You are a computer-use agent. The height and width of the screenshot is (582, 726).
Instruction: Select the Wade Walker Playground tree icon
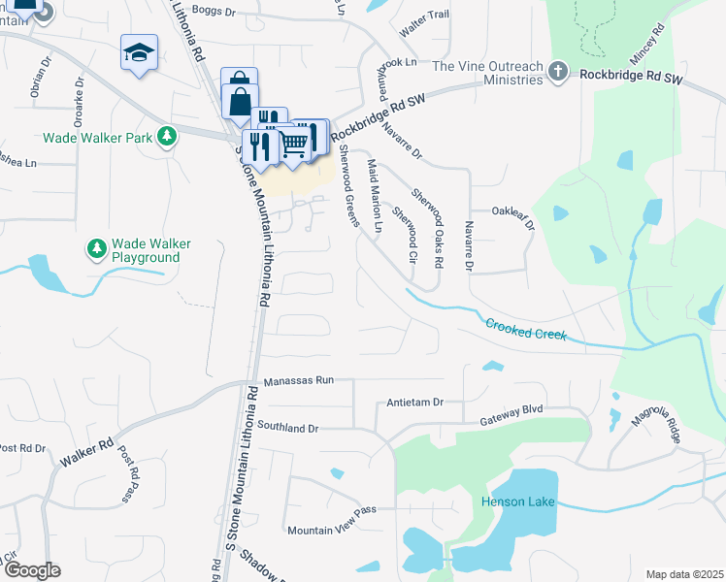pyautogui.click(x=97, y=250)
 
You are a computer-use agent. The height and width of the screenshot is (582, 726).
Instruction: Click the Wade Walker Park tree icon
pyautogui.click(x=168, y=137)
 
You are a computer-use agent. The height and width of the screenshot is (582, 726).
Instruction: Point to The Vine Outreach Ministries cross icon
pyautogui.click(x=557, y=71)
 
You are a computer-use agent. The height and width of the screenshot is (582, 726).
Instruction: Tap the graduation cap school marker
pyautogui.click(x=139, y=52)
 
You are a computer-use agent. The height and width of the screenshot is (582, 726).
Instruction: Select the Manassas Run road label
pyautogui.click(x=297, y=380)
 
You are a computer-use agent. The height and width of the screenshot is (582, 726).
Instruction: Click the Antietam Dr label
pyautogui.click(x=414, y=402)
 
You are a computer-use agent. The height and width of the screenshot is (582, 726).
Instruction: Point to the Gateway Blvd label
pyautogui.click(x=514, y=421)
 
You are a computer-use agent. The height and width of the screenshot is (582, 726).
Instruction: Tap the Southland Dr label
pyautogui.click(x=288, y=427)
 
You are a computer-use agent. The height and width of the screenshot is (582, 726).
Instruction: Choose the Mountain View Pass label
pyautogui.click(x=331, y=530)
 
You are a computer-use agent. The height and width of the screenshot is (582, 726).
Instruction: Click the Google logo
pyautogui.click(x=32, y=570)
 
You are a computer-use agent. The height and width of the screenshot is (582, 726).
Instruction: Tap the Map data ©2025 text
pyautogui.click(x=684, y=574)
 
